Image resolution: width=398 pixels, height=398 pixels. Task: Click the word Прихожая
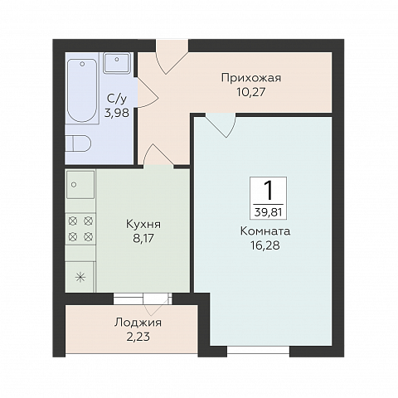click(x=251, y=78)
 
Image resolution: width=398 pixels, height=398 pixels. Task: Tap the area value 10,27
click(x=250, y=92)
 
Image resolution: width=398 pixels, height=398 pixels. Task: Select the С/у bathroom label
click(x=117, y=98)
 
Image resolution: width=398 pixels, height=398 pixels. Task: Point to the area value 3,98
click(x=116, y=113)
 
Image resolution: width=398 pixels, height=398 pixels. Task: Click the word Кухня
click(x=143, y=224)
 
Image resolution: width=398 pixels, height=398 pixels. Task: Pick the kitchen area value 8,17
click(x=143, y=238)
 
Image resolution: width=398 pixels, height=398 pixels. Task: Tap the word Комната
click(x=265, y=231)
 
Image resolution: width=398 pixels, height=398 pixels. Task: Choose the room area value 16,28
click(x=265, y=245)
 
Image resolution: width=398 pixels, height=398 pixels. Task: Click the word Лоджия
click(x=138, y=323)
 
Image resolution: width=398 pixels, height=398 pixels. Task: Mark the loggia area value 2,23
click(x=138, y=337)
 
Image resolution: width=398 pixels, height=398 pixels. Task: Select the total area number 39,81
click(x=268, y=212)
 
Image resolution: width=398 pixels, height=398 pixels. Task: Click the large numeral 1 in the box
click(x=268, y=191)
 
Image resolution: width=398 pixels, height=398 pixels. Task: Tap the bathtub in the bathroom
click(x=82, y=90)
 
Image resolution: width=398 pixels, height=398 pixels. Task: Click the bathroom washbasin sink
click(x=117, y=63)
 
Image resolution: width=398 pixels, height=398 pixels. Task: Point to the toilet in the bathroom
click(x=79, y=143)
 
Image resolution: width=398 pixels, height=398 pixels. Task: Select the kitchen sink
click(x=80, y=184)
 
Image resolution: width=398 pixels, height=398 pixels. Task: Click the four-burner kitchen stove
click(x=80, y=229)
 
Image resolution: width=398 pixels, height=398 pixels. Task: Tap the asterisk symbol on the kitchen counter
click(x=80, y=277)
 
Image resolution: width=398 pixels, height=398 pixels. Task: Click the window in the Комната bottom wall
click(x=259, y=350)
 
